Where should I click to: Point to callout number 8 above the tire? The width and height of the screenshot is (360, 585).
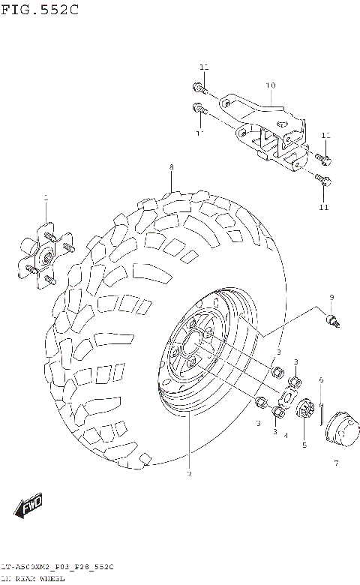click(171, 166)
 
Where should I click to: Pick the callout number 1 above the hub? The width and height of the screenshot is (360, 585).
click(45, 198)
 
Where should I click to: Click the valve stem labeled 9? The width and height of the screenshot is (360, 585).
click(334, 321)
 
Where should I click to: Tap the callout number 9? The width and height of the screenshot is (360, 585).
click(331, 298)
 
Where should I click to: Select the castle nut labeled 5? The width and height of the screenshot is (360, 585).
click(305, 409)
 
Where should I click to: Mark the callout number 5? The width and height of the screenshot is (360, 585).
click(304, 445)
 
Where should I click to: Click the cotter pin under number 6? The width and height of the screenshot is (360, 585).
click(321, 411)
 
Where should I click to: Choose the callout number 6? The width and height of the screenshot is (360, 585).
click(320, 380)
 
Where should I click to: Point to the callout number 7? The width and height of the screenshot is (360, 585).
click(335, 463)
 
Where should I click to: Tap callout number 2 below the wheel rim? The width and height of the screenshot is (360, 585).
click(189, 474)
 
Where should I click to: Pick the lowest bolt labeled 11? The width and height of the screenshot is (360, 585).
click(321, 181)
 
